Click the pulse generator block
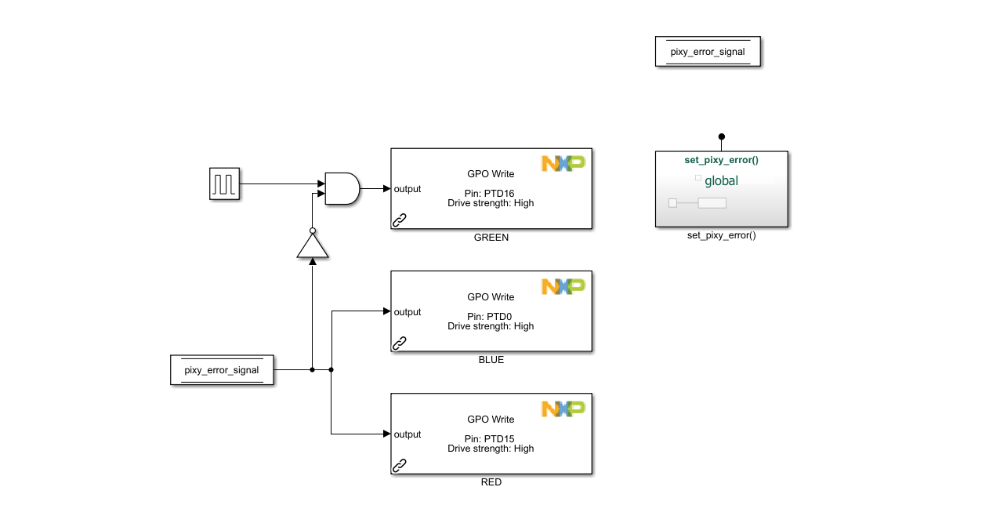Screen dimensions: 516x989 pos(224,184)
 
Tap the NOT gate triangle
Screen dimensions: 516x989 pos(313,246)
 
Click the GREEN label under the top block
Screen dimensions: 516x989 pos(491,238)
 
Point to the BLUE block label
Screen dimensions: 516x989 pos(491,360)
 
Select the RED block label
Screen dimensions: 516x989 pos(491,482)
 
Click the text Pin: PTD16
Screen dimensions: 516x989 pos(491,193)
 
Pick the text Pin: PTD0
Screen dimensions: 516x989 pos(491,316)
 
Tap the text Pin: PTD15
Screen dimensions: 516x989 pos(491,438)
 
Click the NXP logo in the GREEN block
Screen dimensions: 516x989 pos(563,164)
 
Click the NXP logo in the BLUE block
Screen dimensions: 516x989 pos(563,287)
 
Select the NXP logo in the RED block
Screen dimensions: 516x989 pos(563,409)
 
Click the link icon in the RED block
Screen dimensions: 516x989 pos(400,465)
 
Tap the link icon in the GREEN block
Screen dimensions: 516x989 pos(400,220)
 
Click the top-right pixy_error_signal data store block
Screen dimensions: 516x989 pos(707,53)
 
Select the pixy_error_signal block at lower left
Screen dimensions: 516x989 pos(222,370)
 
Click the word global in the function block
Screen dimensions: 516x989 pos(721,181)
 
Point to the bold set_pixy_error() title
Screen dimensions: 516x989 pos(721,160)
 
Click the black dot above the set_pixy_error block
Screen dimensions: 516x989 pos(722,136)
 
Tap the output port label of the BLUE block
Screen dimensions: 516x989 pos(408,312)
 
